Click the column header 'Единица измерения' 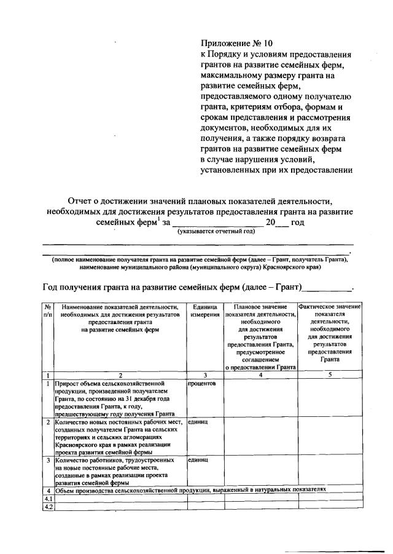[x=204, y=311]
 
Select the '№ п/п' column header [x=47, y=311]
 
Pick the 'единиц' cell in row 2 [x=198, y=422]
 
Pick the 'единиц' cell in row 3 [x=198, y=459]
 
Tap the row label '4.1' [x=47, y=499]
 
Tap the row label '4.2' [x=47, y=507]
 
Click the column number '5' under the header [x=329, y=374]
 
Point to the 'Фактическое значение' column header [x=329, y=306]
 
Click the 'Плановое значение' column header [x=260, y=306]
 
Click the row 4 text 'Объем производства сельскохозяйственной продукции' [x=147, y=490]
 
